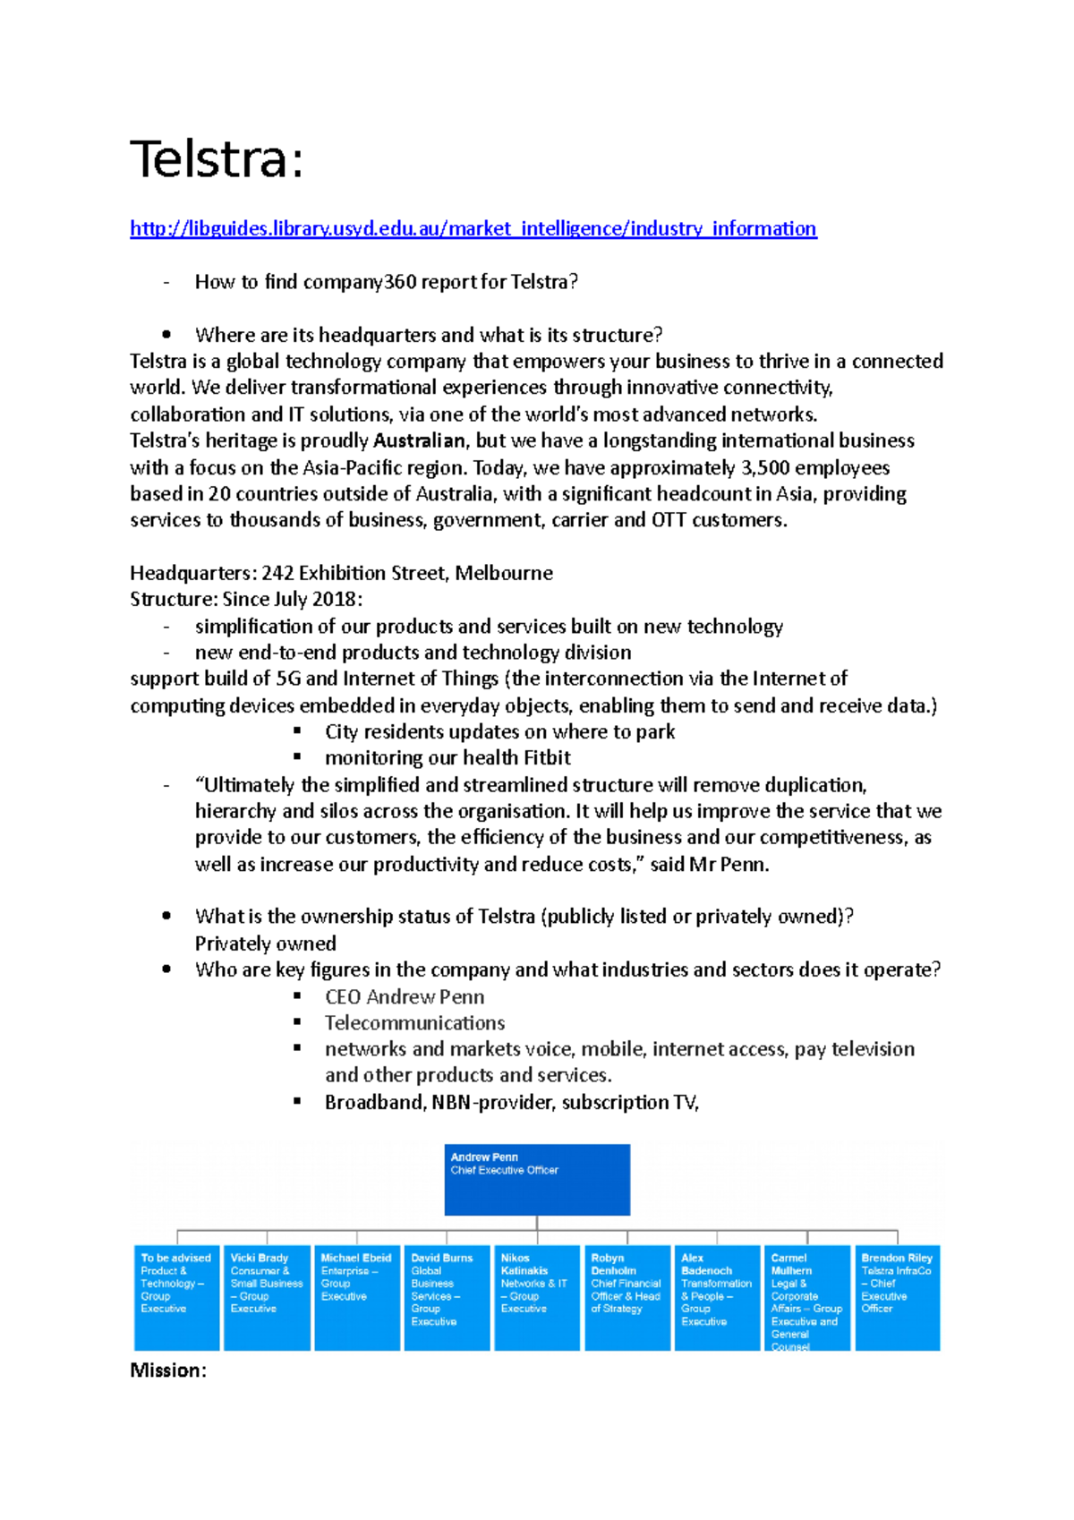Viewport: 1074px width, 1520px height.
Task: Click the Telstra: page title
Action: point(217,159)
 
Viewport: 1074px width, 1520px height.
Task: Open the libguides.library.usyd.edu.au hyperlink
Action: point(473,229)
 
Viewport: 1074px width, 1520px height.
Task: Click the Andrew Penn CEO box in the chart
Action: point(537,1179)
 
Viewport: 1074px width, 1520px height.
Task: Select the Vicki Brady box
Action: point(267,1297)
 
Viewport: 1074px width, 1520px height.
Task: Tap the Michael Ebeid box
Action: point(357,1297)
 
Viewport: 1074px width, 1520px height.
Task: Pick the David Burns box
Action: point(447,1297)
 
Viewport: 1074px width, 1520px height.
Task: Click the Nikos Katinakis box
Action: point(537,1297)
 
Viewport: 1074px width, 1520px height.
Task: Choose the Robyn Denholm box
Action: point(627,1297)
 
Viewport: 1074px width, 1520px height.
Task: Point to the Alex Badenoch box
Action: point(717,1297)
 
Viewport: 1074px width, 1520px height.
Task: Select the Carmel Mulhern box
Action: point(807,1297)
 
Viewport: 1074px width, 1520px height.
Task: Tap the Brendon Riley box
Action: point(898,1297)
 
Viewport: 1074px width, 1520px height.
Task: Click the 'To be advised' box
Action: point(176,1297)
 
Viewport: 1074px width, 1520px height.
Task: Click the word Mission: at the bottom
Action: point(168,1371)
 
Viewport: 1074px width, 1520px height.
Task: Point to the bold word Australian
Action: point(419,440)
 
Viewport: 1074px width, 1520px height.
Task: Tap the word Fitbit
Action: point(547,758)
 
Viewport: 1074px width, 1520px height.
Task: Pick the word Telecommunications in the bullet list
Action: point(414,1023)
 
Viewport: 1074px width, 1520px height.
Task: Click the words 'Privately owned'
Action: point(266,944)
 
